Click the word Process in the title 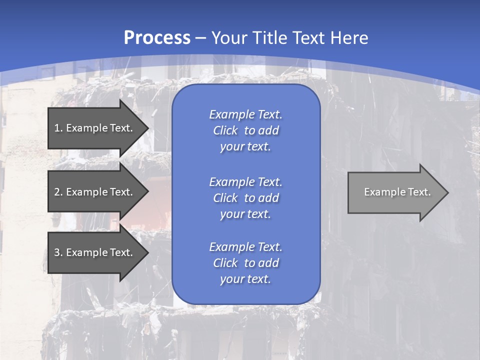[157, 38]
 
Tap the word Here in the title [348, 38]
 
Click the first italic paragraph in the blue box [245, 130]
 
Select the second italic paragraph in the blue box [245, 198]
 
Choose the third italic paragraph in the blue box [245, 263]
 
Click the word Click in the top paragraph [225, 130]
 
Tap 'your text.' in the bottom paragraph [245, 279]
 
